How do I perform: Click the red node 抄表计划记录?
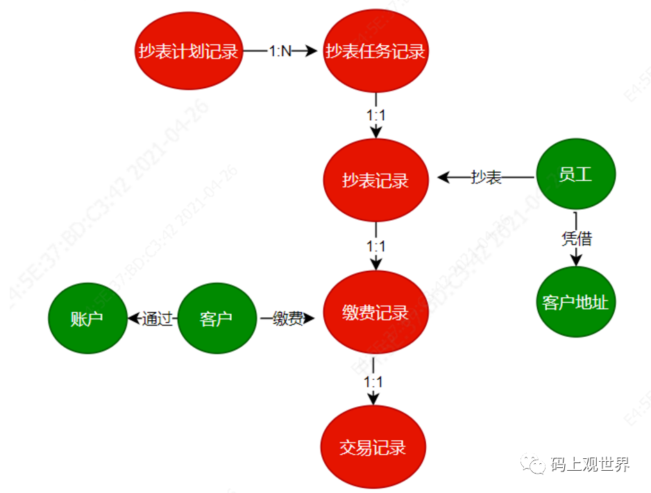click(x=189, y=51)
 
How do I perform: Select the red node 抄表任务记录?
click(x=375, y=51)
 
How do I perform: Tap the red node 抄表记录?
click(x=375, y=181)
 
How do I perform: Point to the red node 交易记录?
click(x=373, y=446)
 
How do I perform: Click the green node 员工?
click(x=575, y=174)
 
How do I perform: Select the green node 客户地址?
click(x=575, y=302)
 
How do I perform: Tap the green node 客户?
click(x=216, y=319)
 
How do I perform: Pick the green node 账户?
click(x=87, y=319)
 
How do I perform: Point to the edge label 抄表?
click(x=487, y=178)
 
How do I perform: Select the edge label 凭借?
click(x=576, y=239)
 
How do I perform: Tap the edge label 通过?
click(x=158, y=319)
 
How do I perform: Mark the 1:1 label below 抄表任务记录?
click(x=375, y=115)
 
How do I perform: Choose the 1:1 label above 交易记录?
click(x=373, y=381)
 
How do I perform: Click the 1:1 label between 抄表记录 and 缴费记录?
click(x=375, y=246)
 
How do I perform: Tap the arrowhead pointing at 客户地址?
click(x=576, y=260)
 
